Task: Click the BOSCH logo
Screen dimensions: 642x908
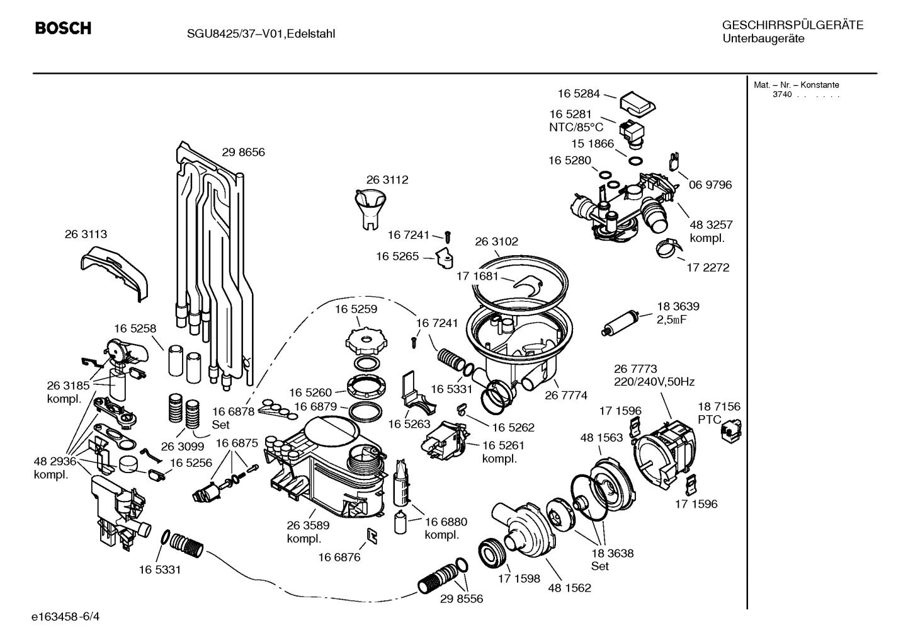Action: [63, 29]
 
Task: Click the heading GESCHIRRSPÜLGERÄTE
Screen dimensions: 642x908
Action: [792, 25]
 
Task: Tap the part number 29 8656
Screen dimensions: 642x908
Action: [243, 152]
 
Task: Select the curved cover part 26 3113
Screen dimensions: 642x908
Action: [116, 270]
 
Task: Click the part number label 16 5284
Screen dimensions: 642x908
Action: [579, 93]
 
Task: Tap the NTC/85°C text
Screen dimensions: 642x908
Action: [576, 127]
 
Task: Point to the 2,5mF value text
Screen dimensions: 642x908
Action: [672, 319]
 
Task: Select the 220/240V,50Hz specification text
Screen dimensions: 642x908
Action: [654, 382]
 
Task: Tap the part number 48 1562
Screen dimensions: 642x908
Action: [570, 588]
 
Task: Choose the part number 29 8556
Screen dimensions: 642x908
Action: [462, 599]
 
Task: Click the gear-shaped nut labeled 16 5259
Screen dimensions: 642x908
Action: [365, 341]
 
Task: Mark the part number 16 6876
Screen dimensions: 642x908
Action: [339, 557]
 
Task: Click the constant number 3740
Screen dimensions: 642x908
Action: [782, 95]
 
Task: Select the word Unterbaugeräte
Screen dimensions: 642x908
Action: [763, 39]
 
